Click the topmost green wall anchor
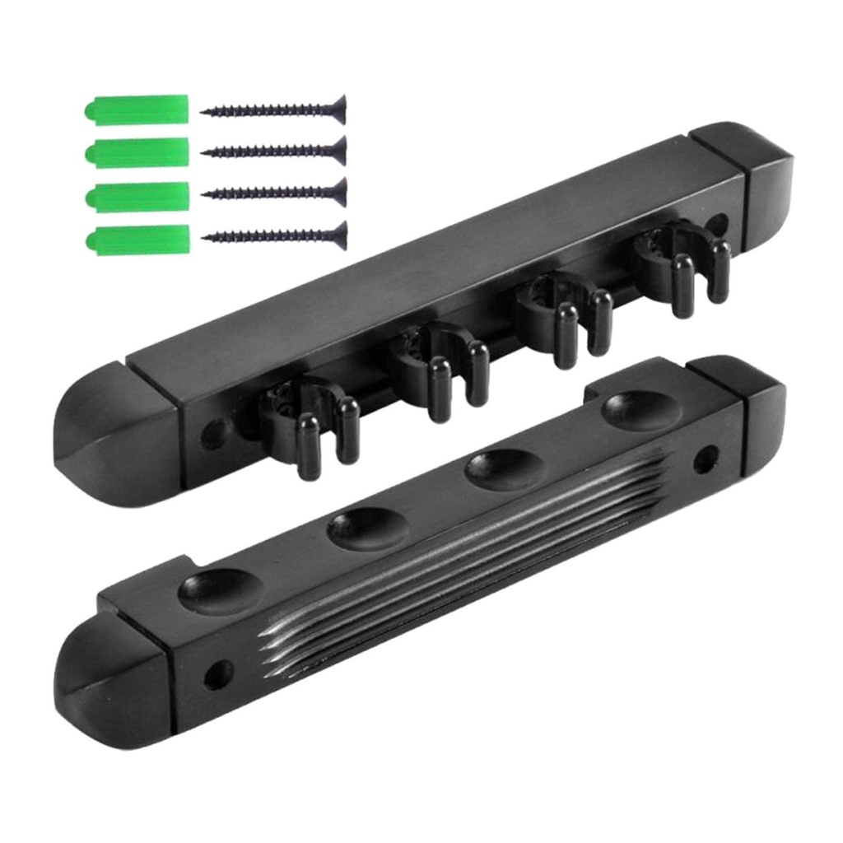pyautogui.click(x=137, y=110)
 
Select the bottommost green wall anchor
pyautogui.click(x=137, y=240)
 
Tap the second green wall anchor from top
pyautogui.click(x=137, y=152)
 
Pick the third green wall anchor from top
pyautogui.click(x=137, y=196)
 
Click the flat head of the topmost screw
pyautogui.click(x=338, y=109)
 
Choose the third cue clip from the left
pyautogui.click(x=564, y=309)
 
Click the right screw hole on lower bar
pyautogui.click(x=705, y=459)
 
